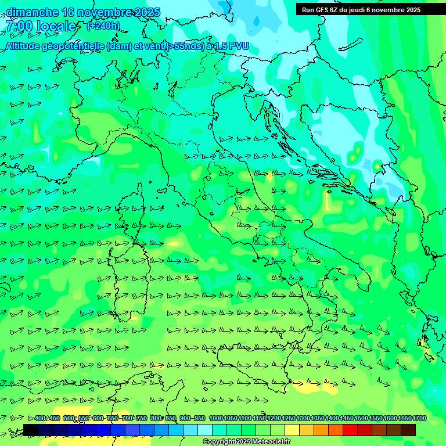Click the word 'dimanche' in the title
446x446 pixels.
point(32,12)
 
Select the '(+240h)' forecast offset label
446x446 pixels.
point(103,26)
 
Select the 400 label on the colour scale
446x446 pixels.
point(40,419)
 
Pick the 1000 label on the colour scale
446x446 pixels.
point(215,419)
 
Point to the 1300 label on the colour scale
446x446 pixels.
point(303,419)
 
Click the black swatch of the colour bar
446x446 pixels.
point(31,430)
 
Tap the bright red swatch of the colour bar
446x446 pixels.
point(350,430)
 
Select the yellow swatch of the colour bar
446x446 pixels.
point(292,430)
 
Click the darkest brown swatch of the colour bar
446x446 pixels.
point(408,430)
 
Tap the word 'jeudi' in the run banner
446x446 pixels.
point(361,10)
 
